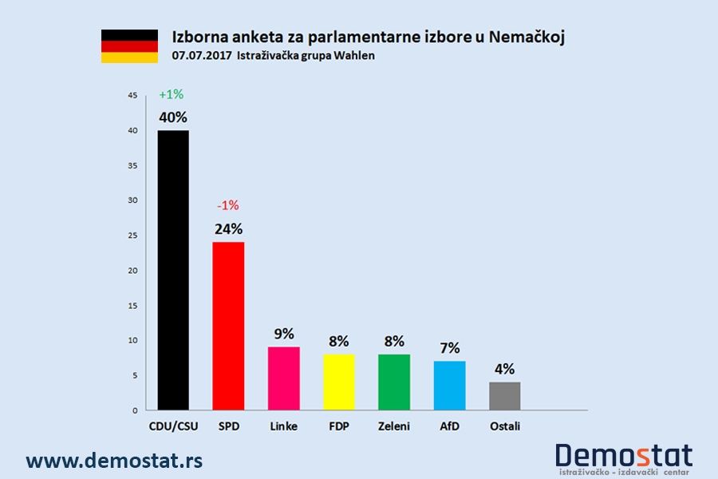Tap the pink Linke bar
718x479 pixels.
pos(283,378)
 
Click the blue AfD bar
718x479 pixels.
pos(448,386)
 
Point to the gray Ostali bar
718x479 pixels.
pos(504,396)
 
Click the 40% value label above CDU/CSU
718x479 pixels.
pos(173,117)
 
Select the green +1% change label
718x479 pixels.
pos(171,94)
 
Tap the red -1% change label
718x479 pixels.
pos(228,205)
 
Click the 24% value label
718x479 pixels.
pos(228,229)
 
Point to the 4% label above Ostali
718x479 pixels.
pos(504,369)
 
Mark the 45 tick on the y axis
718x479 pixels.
pos(132,96)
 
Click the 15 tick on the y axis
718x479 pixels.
pos(132,306)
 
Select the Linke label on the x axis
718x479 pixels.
pos(283,426)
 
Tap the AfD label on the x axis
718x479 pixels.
pos(448,426)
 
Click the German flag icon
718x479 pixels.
pos(129,46)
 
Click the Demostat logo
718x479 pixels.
pos(624,458)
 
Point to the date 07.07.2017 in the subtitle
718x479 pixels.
pos(196,56)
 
